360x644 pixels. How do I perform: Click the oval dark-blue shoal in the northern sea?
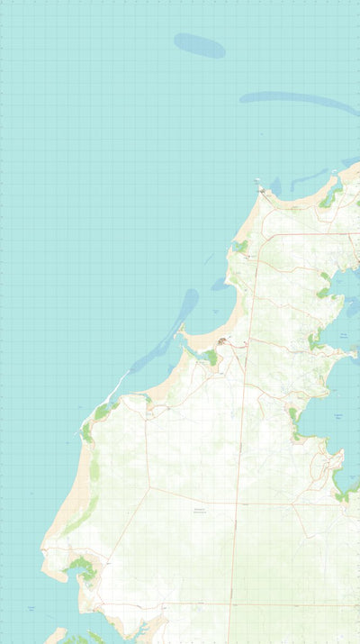[199, 45]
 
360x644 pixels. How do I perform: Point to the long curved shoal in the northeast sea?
[297, 98]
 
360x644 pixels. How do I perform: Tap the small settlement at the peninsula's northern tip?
[262, 190]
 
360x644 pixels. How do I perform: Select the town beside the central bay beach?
[223, 340]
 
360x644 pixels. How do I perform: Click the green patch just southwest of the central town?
[211, 358]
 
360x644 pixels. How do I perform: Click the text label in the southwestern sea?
[31, 609]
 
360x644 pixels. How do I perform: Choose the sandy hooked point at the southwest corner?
[50, 567]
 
